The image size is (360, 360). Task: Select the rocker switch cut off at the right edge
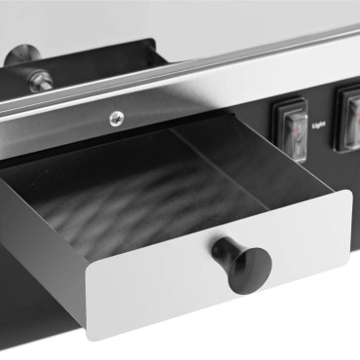[x=349, y=117]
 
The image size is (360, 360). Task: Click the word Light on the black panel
[x=318, y=125]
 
